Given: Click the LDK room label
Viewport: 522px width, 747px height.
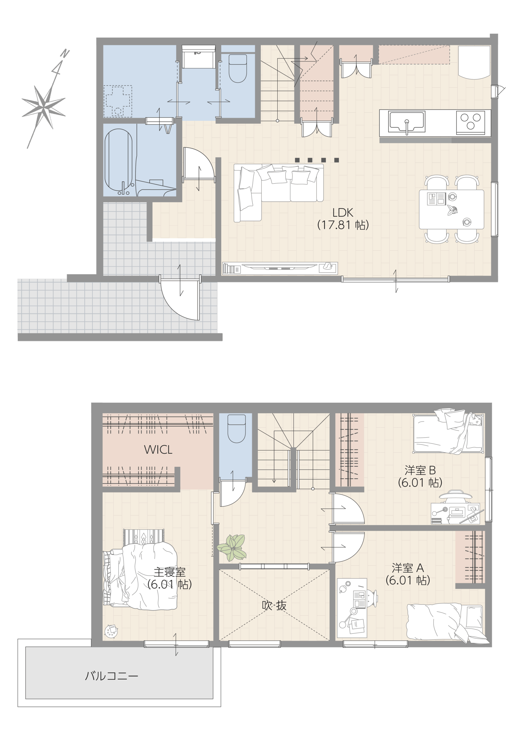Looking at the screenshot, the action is [x=343, y=213].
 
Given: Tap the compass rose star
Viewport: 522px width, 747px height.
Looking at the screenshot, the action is [x=43, y=105].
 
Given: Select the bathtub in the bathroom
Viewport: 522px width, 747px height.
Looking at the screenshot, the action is [x=118, y=160].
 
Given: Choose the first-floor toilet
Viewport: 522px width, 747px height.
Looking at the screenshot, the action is [x=238, y=68].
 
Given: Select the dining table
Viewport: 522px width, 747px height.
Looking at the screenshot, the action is [x=451, y=209].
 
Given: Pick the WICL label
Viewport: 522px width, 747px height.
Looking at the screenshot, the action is [x=158, y=450].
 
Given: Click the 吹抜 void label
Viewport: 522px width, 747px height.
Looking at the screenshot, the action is [x=274, y=605].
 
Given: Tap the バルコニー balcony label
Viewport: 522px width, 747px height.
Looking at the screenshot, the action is [x=111, y=676].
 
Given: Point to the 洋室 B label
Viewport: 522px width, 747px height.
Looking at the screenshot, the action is [x=420, y=470].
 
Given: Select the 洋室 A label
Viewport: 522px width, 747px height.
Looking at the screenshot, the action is [x=408, y=568].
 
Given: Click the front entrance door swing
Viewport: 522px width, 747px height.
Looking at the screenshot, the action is [x=180, y=298].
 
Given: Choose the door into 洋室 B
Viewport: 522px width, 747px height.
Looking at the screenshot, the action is [x=346, y=509].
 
